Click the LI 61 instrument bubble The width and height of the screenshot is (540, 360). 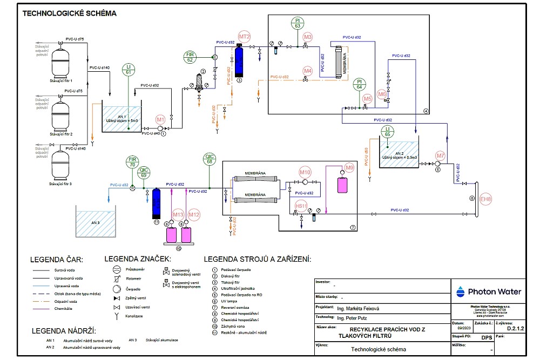click(128, 69)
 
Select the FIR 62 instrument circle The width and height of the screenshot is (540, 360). click(190, 57)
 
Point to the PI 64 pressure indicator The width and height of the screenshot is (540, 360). click(360, 84)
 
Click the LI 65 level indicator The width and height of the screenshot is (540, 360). click(387, 130)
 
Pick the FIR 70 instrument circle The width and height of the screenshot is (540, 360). click(132, 161)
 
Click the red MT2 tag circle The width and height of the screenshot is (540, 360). click(245, 37)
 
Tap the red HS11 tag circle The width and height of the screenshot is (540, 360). click(301, 206)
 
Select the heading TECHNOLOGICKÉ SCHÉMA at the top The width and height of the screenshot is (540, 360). click(69, 13)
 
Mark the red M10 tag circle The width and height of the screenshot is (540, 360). click(306, 172)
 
